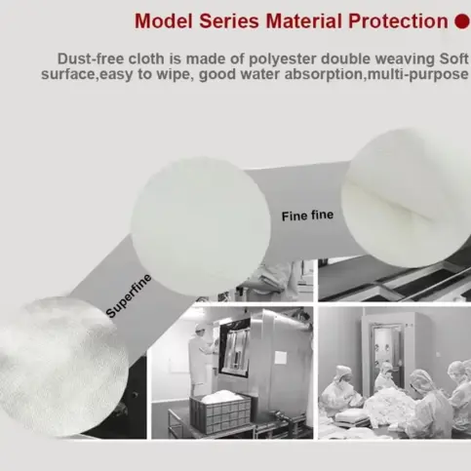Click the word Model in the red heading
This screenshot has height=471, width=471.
(164, 21)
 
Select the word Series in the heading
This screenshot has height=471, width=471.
(229, 21)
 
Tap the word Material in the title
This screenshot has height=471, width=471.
(304, 21)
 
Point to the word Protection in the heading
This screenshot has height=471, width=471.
(398, 21)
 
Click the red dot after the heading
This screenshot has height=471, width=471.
(462, 21)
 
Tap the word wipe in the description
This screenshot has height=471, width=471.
(171, 75)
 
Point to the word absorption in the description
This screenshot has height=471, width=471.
(324, 75)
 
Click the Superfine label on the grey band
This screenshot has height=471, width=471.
(129, 295)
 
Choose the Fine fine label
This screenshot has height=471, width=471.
(307, 216)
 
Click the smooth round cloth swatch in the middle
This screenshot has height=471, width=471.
(201, 227)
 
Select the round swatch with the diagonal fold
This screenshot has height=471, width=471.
(408, 198)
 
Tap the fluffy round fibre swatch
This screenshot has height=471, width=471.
(60, 367)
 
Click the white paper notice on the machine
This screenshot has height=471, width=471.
(281, 357)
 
